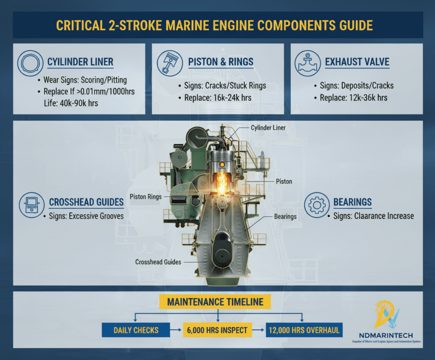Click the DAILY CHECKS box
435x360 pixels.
coord(136,330)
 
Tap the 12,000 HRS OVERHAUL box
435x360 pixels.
coord(304,330)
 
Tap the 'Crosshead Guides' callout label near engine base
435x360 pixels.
coord(158,261)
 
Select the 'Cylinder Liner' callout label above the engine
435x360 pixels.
coord(268,128)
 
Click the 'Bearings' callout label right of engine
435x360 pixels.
coord(285,216)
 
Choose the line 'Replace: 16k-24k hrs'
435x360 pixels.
coord(217,98)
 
